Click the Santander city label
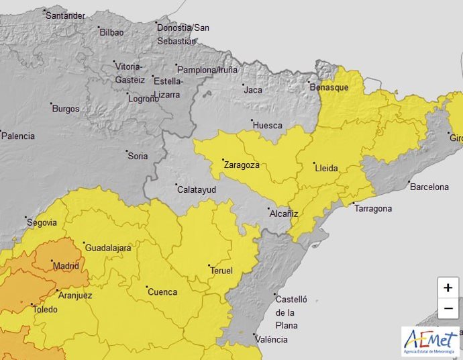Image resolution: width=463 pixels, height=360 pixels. tap(65, 15)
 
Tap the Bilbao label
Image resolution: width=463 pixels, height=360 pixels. tap(111, 32)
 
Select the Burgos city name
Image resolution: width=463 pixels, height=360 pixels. tap(65, 108)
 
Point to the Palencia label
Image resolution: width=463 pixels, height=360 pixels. tap(18, 136)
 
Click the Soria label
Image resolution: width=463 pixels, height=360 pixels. tap(137, 156)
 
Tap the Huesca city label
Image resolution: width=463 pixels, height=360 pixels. tap(267, 125)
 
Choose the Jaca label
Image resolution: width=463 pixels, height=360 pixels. tap(252, 89)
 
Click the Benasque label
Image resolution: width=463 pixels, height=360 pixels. tap(329, 87)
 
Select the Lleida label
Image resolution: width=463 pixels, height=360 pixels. tap(326, 167)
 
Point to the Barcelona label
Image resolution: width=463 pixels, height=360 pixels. tap(429, 186)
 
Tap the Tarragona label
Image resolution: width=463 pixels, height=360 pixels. tap(372, 208)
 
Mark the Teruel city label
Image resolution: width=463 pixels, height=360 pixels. tap(221, 271)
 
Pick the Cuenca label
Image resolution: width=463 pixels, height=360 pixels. tap(162, 291)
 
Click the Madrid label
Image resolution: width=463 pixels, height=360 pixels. tap(66, 266)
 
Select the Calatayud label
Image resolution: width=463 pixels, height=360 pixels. tap(196, 189)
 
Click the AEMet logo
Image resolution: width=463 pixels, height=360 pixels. tap(430, 341)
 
